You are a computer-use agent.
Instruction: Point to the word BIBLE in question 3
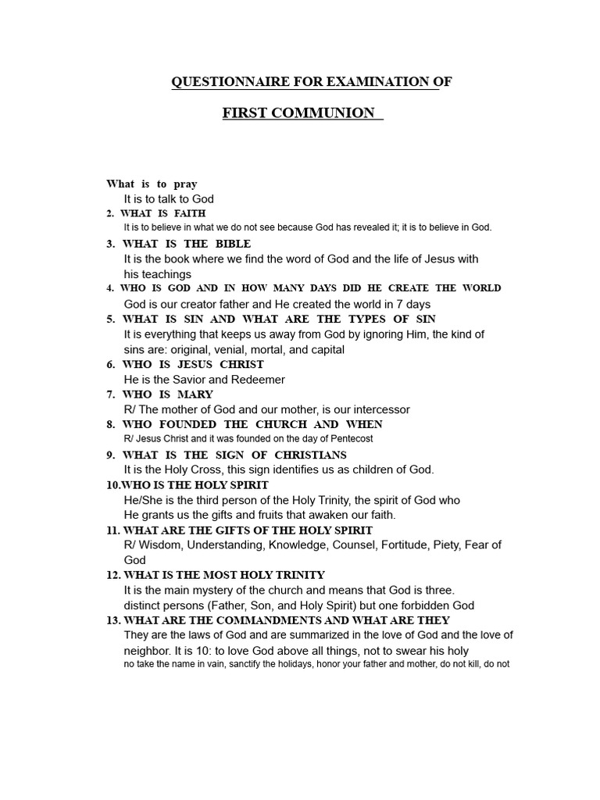click(x=233, y=244)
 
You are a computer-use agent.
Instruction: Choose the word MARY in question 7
click(x=195, y=395)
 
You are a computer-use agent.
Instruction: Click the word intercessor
click(x=380, y=409)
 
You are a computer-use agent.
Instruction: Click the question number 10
click(x=112, y=485)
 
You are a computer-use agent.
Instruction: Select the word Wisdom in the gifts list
click(x=161, y=545)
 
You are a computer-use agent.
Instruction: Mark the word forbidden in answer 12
click(x=413, y=605)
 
